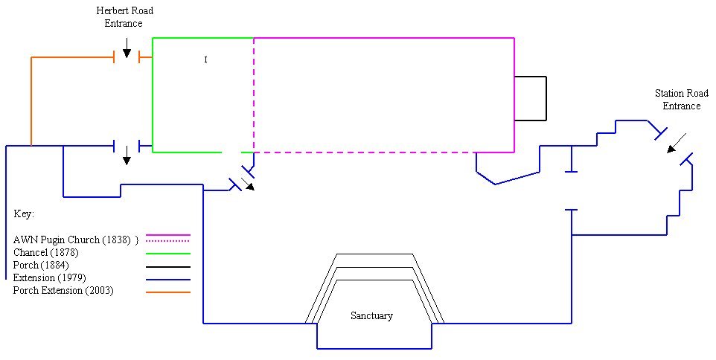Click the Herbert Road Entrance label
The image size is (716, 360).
point(124,17)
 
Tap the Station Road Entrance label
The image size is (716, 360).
point(681,100)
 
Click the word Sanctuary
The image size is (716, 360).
point(371,315)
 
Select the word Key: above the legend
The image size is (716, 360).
point(24,214)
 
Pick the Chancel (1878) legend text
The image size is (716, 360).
point(45,252)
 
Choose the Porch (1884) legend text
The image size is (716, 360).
point(41,265)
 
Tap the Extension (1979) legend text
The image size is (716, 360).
point(49,277)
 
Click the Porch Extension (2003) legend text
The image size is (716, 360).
point(63,290)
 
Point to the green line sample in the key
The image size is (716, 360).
point(168,253)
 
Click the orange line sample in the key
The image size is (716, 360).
point(168,292)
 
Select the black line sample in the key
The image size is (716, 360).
point(168,267)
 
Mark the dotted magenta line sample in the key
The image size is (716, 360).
point(167,241)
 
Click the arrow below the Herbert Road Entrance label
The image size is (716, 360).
point(127,48)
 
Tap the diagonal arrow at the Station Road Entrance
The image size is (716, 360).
point(677,143)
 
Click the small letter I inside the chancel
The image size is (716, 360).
point(205,60)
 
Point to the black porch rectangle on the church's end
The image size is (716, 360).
point(546,99)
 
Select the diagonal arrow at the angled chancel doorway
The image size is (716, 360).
point(249,184)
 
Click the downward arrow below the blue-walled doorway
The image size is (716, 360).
point(127,155)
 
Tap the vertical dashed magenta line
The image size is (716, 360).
point(254,95)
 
